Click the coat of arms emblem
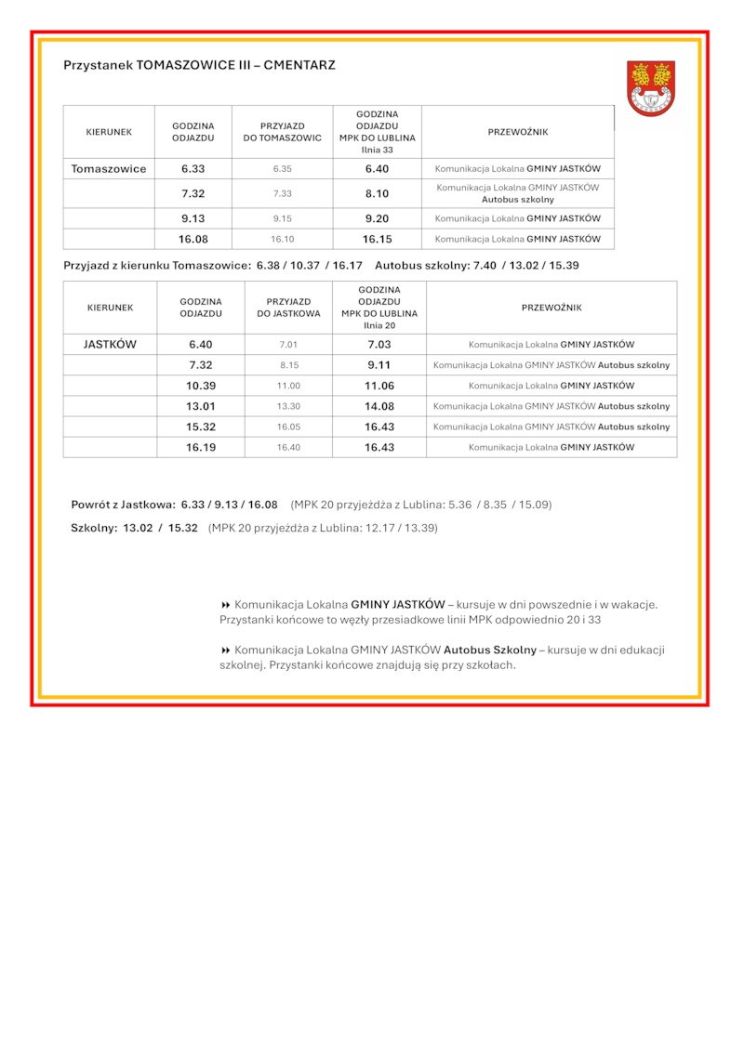coord(651,88)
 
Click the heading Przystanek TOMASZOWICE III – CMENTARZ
coord(199,65)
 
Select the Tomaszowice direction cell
coord(109,169)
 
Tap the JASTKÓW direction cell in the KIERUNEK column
coord(110,344)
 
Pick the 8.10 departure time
coord(377,193)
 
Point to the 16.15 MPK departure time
coord(377,239)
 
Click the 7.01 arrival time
coord(288,345)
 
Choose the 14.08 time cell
coord(379,406)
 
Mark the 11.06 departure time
coord(379,386)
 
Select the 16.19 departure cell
coord(200,447)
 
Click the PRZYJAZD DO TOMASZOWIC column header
coord(283,132)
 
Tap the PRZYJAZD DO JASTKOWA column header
coord(288,308)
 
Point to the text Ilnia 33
coord(377,150)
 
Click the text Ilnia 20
coord(379,325)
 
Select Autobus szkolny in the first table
coord(517,200)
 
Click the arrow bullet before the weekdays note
coord(225,605)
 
